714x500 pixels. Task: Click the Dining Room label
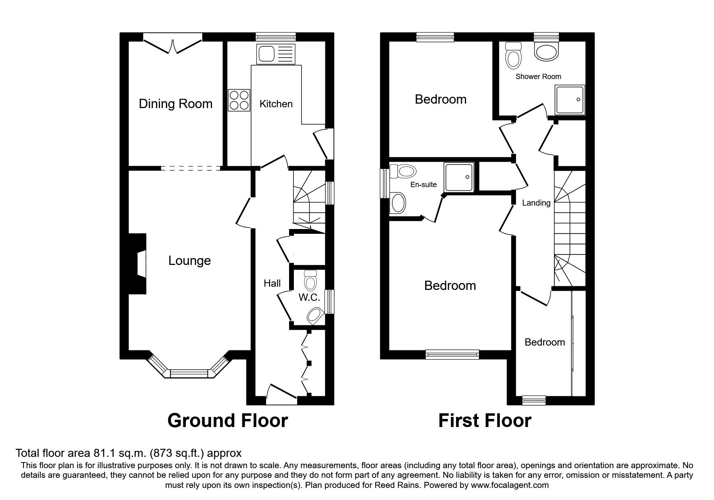tap(175, 104)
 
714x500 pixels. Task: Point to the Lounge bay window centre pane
tap(189, 373)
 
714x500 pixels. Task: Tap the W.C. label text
tap(309, 298)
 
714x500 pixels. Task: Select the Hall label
tap(272, 283)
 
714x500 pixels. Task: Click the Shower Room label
tap(538, 77)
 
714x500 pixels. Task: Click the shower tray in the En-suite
tap(459, 177)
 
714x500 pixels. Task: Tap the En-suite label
tap(423, 185)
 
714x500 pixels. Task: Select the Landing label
tap(536, 203)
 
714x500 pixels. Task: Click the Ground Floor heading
tap(227, 421)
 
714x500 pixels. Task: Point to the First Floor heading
tap(485, 421)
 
